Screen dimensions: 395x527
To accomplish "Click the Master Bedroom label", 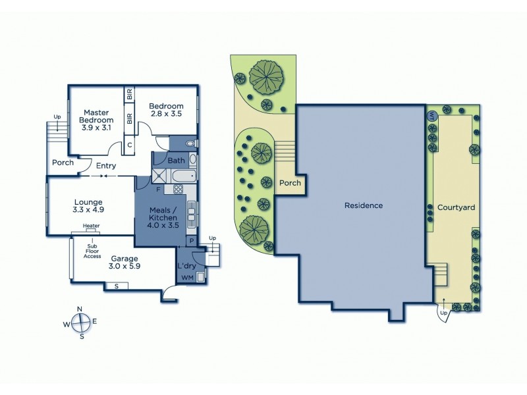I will click(x=96, y=115).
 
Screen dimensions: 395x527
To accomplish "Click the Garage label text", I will click(x=124, y=259).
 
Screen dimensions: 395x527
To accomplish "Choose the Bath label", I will click(x=176, y=160).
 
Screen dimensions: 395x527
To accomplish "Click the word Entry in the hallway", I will click(x=106, y=166).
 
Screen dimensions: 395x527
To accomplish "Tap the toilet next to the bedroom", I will click(x=189, y=143).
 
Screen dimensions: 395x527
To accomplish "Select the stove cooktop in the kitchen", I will click(x=177, y=190).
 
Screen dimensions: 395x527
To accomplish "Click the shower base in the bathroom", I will click(x=160, y=175).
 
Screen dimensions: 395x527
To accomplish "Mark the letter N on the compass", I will click(x=80, y=309).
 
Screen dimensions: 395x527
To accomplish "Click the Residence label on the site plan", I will click(x=363, y=205).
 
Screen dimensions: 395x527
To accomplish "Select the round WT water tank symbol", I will click(x=432, y=117).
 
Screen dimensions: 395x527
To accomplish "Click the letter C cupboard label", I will click(x=130, y=144).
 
